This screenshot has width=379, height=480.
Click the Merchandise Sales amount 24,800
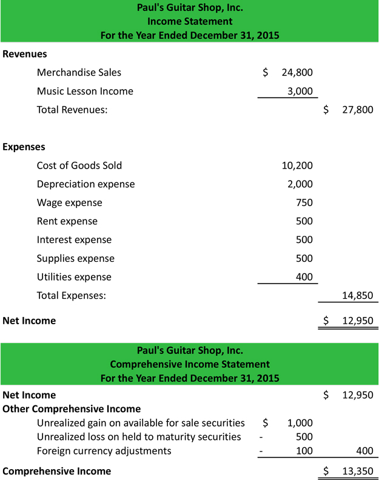pos(297,73)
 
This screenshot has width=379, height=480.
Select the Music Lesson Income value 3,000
pos(300,92)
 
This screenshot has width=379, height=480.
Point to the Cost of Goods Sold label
pos(79,165)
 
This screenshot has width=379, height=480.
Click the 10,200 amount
pos(297,165)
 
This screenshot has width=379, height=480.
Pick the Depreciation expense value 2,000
pos(300,184)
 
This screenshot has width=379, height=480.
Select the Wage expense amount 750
pos(304,203)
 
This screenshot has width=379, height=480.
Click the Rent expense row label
pos(67,221)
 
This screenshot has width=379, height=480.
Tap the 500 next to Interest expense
pos(304,240)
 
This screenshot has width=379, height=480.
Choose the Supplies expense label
pos(76,259)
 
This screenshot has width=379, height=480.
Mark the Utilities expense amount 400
pos(304,277)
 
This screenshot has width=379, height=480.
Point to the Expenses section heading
pos(24,147)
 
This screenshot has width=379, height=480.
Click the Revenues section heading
pos(25,54)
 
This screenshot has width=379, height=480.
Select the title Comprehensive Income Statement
pos(190,364)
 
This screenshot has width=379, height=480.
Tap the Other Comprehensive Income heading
pos(72,409)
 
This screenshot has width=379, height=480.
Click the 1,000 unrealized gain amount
pos(300,423)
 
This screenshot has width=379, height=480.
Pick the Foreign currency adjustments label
pos(104,451)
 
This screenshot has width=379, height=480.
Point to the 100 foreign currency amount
pos(304,451)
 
